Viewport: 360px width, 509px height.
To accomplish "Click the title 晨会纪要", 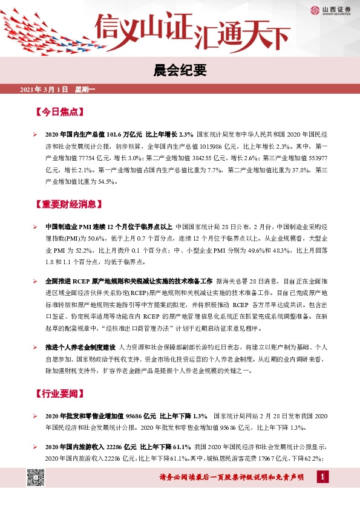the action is (180, 71).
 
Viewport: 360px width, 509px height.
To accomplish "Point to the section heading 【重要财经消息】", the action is (67, 204).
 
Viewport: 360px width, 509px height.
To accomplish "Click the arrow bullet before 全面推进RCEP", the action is (36, 282).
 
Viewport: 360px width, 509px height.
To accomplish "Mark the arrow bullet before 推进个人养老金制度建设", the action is (36, 348).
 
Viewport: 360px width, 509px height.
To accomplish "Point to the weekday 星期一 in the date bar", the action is (85, 90).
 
